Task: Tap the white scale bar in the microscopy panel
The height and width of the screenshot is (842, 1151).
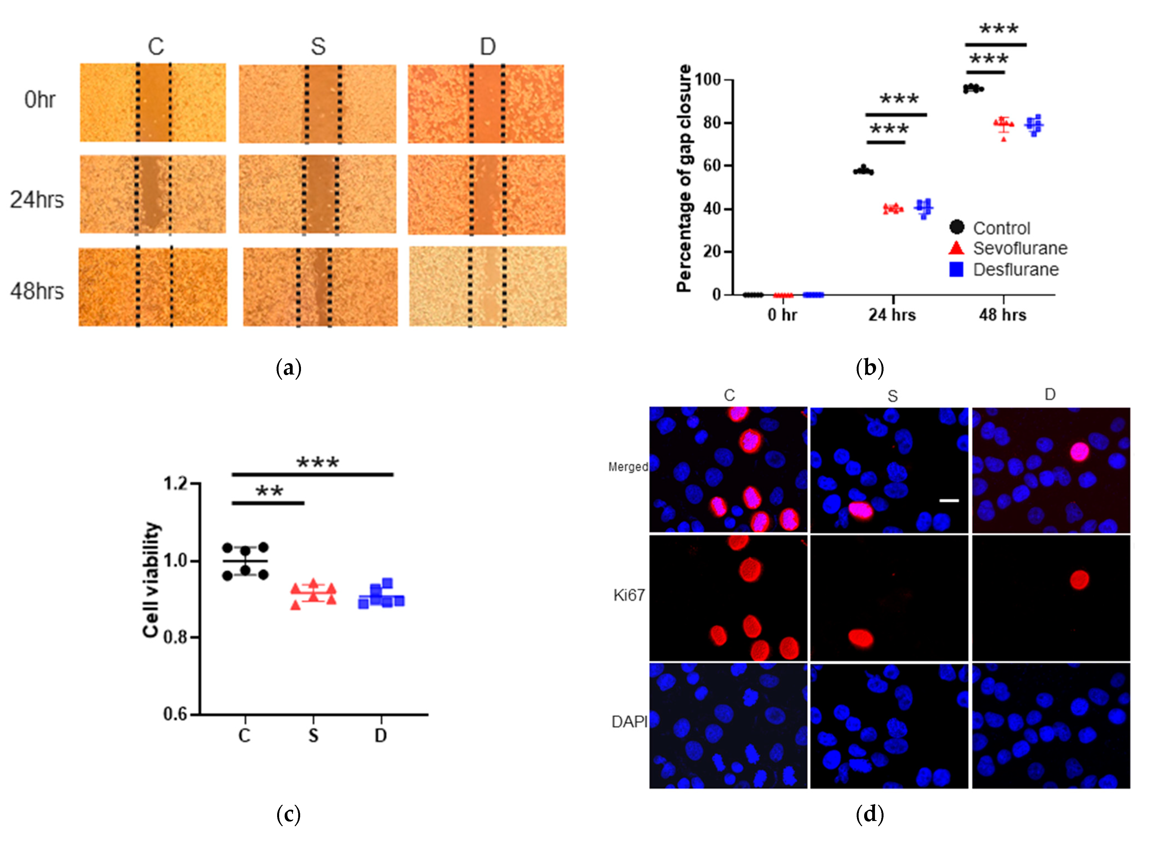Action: (949, 500)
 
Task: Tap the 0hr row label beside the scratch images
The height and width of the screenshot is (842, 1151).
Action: (40, 99)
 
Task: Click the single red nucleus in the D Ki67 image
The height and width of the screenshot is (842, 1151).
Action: (1079, 579)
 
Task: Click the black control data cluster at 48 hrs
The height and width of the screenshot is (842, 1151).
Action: (973, 89)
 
